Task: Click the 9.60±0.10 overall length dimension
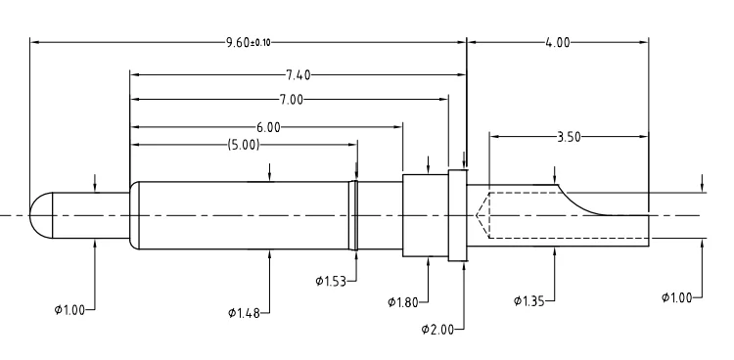pos(248,43)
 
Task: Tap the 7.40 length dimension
pos(298,74)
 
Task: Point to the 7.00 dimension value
pos(291,100)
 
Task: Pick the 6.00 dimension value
pos(268,127)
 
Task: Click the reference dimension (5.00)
pos(243,144)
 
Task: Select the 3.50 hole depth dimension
pos(568,137)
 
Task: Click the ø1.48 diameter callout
pos(245,312)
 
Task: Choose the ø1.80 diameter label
pos(404,300)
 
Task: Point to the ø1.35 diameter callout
pos(530,300)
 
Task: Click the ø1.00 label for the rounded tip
pos(71,309)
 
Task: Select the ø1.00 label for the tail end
pos(680,296)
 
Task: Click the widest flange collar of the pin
pos(456,215)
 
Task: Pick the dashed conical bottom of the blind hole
pos(482,215)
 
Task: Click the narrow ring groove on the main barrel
pos(355,215)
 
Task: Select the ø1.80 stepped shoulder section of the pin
pos(425,215)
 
